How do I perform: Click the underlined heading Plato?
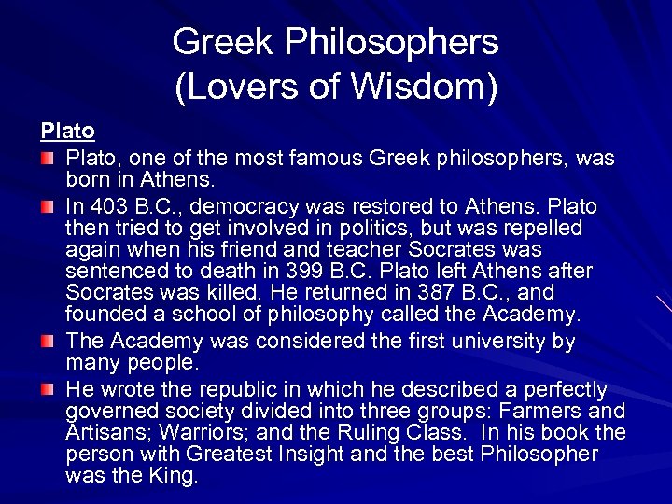click(x=67, y=130)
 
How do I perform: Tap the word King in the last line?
click(x=175, y=475)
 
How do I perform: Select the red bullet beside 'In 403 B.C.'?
click(x=47, y=205)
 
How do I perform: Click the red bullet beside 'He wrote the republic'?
click(x=47, y=389)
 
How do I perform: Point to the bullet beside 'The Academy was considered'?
click(x=47, y=343)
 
